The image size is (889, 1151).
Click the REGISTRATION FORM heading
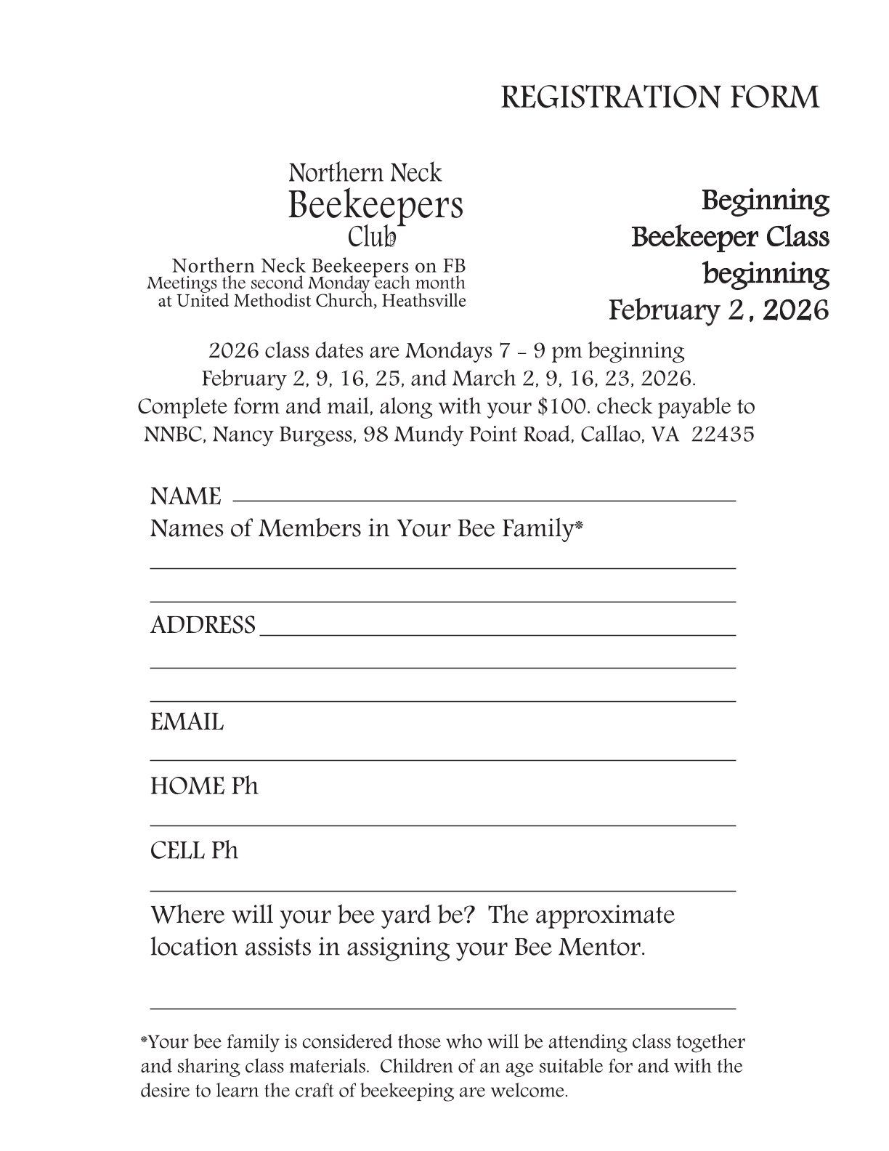pos(659,97)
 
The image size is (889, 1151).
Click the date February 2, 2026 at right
pos(718,310)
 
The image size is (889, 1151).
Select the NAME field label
pos(185,497)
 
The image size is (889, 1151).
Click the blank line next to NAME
pos(484,499)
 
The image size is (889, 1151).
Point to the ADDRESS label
pos(203,625)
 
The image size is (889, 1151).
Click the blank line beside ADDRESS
pos(498,633)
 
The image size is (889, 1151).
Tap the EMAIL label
pos(187,722)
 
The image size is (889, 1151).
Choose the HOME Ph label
pos(204,786)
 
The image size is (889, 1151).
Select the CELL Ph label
pos(194,850)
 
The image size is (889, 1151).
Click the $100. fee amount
pos(562,406)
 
